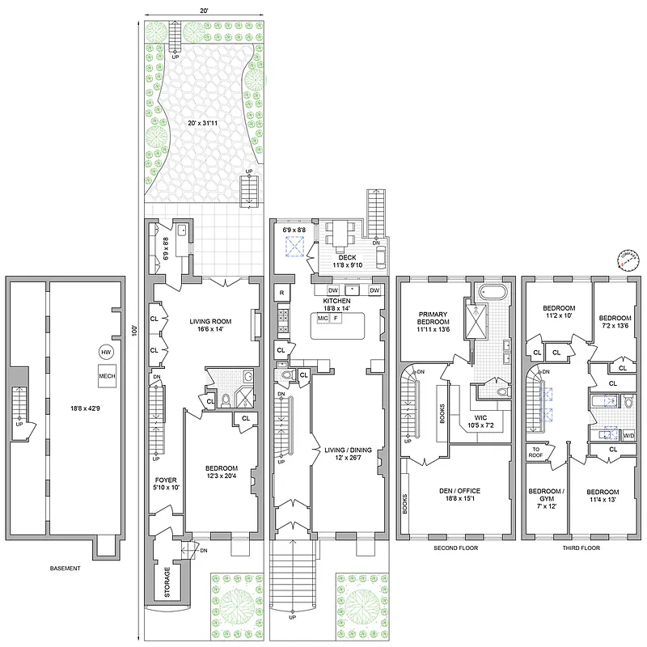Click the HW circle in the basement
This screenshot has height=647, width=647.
pos(106,352)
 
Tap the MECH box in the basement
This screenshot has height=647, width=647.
pos(107,376)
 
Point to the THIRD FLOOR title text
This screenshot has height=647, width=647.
pos(581,548)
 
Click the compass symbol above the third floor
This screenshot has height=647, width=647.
pos(626,260)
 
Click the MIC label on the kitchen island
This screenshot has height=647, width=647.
pos(323,319)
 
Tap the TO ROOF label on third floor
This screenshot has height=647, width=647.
pos(535,452)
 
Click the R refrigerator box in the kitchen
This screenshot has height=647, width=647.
pos(281,292)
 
